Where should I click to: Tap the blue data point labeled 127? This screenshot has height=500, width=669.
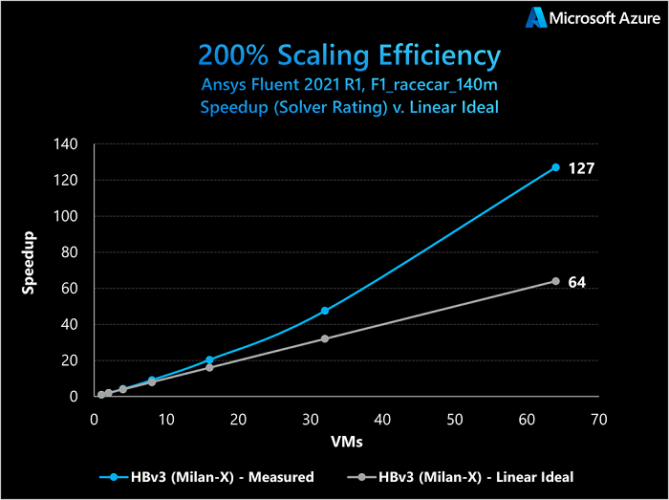tap(555, 167)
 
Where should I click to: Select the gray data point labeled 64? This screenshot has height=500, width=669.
tap(555, 281)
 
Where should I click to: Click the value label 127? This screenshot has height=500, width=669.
tap(582, 168)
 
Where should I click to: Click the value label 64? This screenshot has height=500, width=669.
tap(577, 283)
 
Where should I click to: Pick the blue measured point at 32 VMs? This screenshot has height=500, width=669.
tap(325, 311)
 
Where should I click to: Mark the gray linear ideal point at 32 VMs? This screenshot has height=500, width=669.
tap(325, 338)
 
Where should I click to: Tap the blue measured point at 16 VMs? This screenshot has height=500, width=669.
tap(209, 359)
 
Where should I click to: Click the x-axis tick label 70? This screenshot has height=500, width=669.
tap(599, 418)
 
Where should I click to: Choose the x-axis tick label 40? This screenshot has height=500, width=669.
tap(382, 418)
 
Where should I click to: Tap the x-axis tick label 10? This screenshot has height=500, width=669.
tap(166, 418)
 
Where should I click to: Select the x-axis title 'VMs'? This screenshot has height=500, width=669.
tap(347, 443)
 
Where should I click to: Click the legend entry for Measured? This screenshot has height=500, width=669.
tap(206, 475)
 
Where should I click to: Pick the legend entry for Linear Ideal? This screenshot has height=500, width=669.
tap(464, 475)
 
